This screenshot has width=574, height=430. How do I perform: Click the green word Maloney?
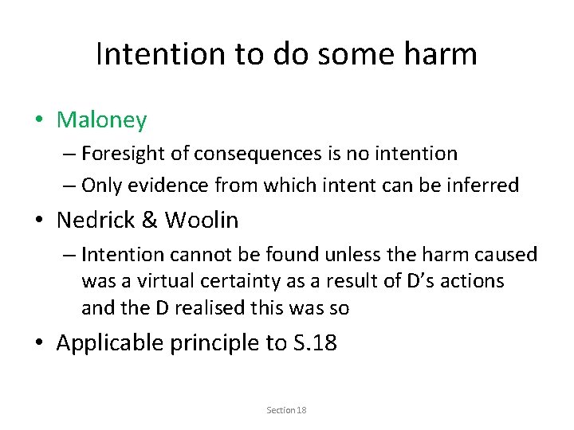pyautogui.click(x=101, y=120)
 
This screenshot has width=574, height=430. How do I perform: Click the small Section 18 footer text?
pyautogui.click(x=287, y=410)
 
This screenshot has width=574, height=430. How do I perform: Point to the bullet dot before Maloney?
pyautogui.click(x=40, y=121)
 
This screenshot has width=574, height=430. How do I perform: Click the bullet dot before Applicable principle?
pyautogui.click(x=40, y=343)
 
